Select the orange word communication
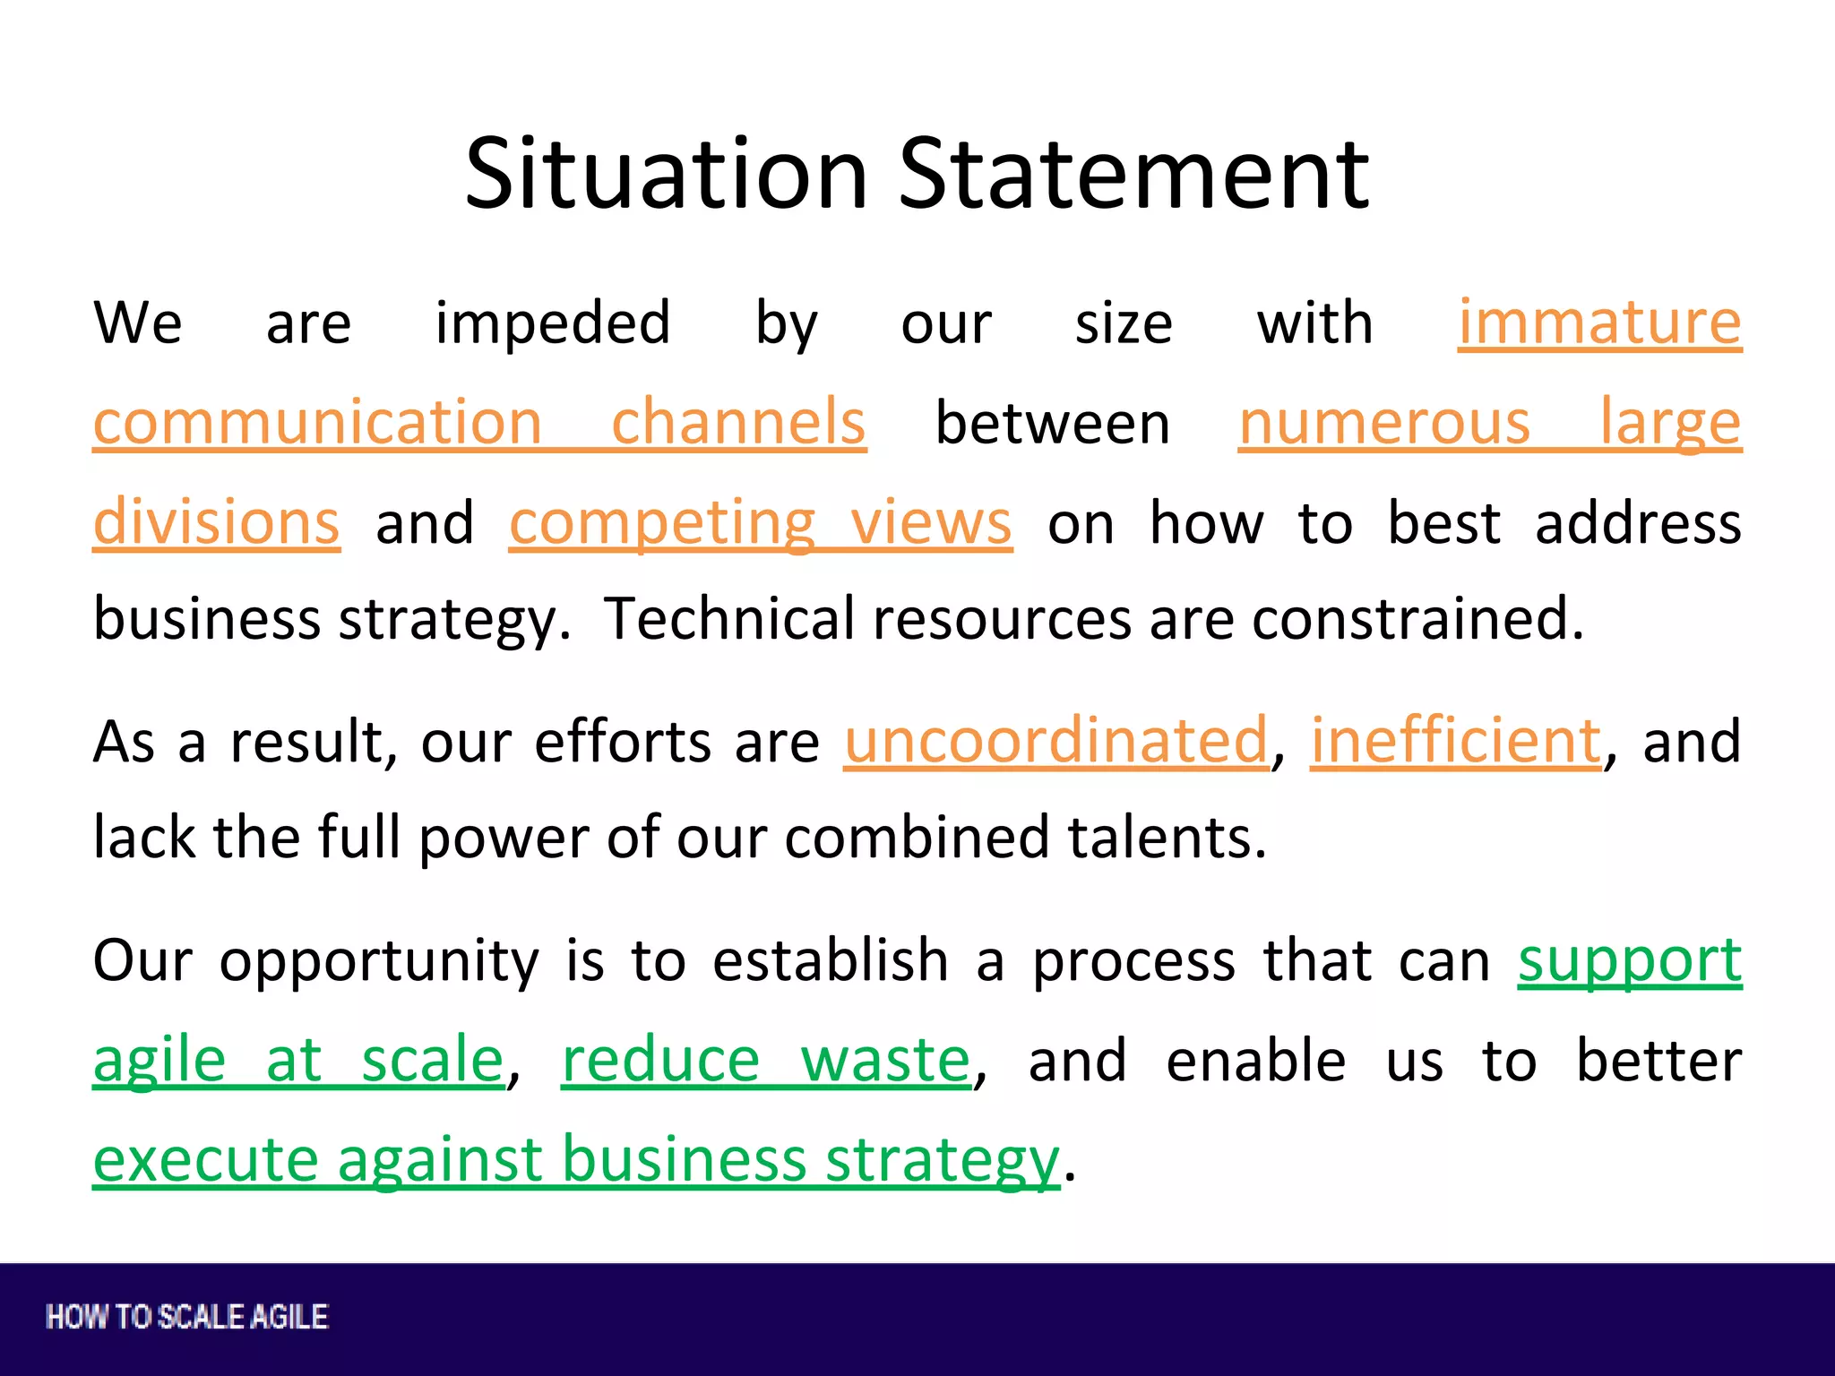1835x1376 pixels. pyautogui.click(x=317, y=422)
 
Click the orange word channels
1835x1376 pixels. pyautogui.click(x=738, y=422)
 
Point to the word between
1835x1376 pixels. pyautogui.click(x=1053, y=424)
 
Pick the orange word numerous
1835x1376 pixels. pyautogui.click(x=1384, y=422)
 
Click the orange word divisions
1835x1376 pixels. pyautogui.click(x=216, y=522)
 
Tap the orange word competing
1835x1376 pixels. pyautogui.click(x=662, y=524)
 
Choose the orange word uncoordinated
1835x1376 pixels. pyautogui.click(x=1055, y=742)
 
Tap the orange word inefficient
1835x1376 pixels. pyautogui.click(x=1456, y=742)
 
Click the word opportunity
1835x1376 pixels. pyautogui.click(x=379, y=962)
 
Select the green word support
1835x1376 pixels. pyautogui.click(x=1630, y=962)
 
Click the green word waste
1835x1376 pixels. pyautogui.click(x=885, y=1061)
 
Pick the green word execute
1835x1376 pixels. pyautogui.click(x=205, y=1160)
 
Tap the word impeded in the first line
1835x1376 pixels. pyautogui.click(x=553, y=324)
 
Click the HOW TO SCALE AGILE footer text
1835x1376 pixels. pyautogui.click(x=187, y=1317)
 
